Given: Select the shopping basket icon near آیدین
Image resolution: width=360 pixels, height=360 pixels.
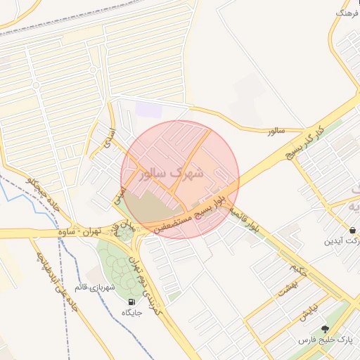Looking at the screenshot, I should (x=352, y=230).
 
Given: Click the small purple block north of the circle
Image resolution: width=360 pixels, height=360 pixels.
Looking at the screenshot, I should (x=148, y=110).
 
